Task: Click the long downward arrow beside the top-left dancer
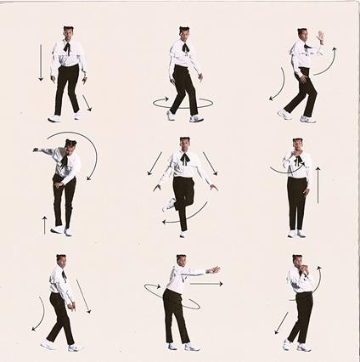pos(40,64)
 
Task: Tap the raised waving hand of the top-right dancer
pos(320,37)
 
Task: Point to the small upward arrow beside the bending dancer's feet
pos(44,224)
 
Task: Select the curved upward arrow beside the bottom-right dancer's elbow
pos(316,281)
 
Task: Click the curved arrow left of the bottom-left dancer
pos(39,314)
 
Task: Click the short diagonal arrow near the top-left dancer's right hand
pos(86,103)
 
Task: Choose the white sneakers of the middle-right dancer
pos(296,233)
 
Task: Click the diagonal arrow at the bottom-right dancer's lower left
pos(280,322)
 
